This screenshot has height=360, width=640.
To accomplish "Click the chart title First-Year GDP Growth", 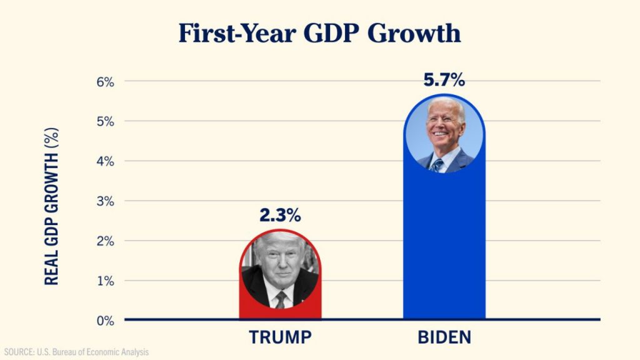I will (319, 33).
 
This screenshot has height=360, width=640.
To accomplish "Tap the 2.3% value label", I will (280, 216).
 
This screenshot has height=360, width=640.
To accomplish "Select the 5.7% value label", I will (444, 80).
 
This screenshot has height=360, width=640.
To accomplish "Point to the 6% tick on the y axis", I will (105, 81).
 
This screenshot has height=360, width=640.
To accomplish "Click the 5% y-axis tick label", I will (105, 121).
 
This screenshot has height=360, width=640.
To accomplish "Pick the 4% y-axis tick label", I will (105, 161).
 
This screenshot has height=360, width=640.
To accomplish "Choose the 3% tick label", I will (105, 201).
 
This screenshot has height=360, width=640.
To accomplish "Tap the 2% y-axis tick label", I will (105, 241).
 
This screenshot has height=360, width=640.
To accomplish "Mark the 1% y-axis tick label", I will (105, 281).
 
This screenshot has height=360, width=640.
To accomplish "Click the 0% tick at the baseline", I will (105, 321).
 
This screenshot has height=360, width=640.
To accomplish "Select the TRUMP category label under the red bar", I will (280, 337).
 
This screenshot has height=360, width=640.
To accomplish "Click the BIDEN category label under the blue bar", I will (444, 337).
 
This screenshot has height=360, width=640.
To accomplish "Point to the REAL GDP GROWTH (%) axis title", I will (52, 206).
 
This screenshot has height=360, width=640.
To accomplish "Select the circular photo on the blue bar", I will (444, 134).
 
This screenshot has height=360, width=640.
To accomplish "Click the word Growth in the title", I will (414, 33).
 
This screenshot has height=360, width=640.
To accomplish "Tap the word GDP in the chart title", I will (332, 33).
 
